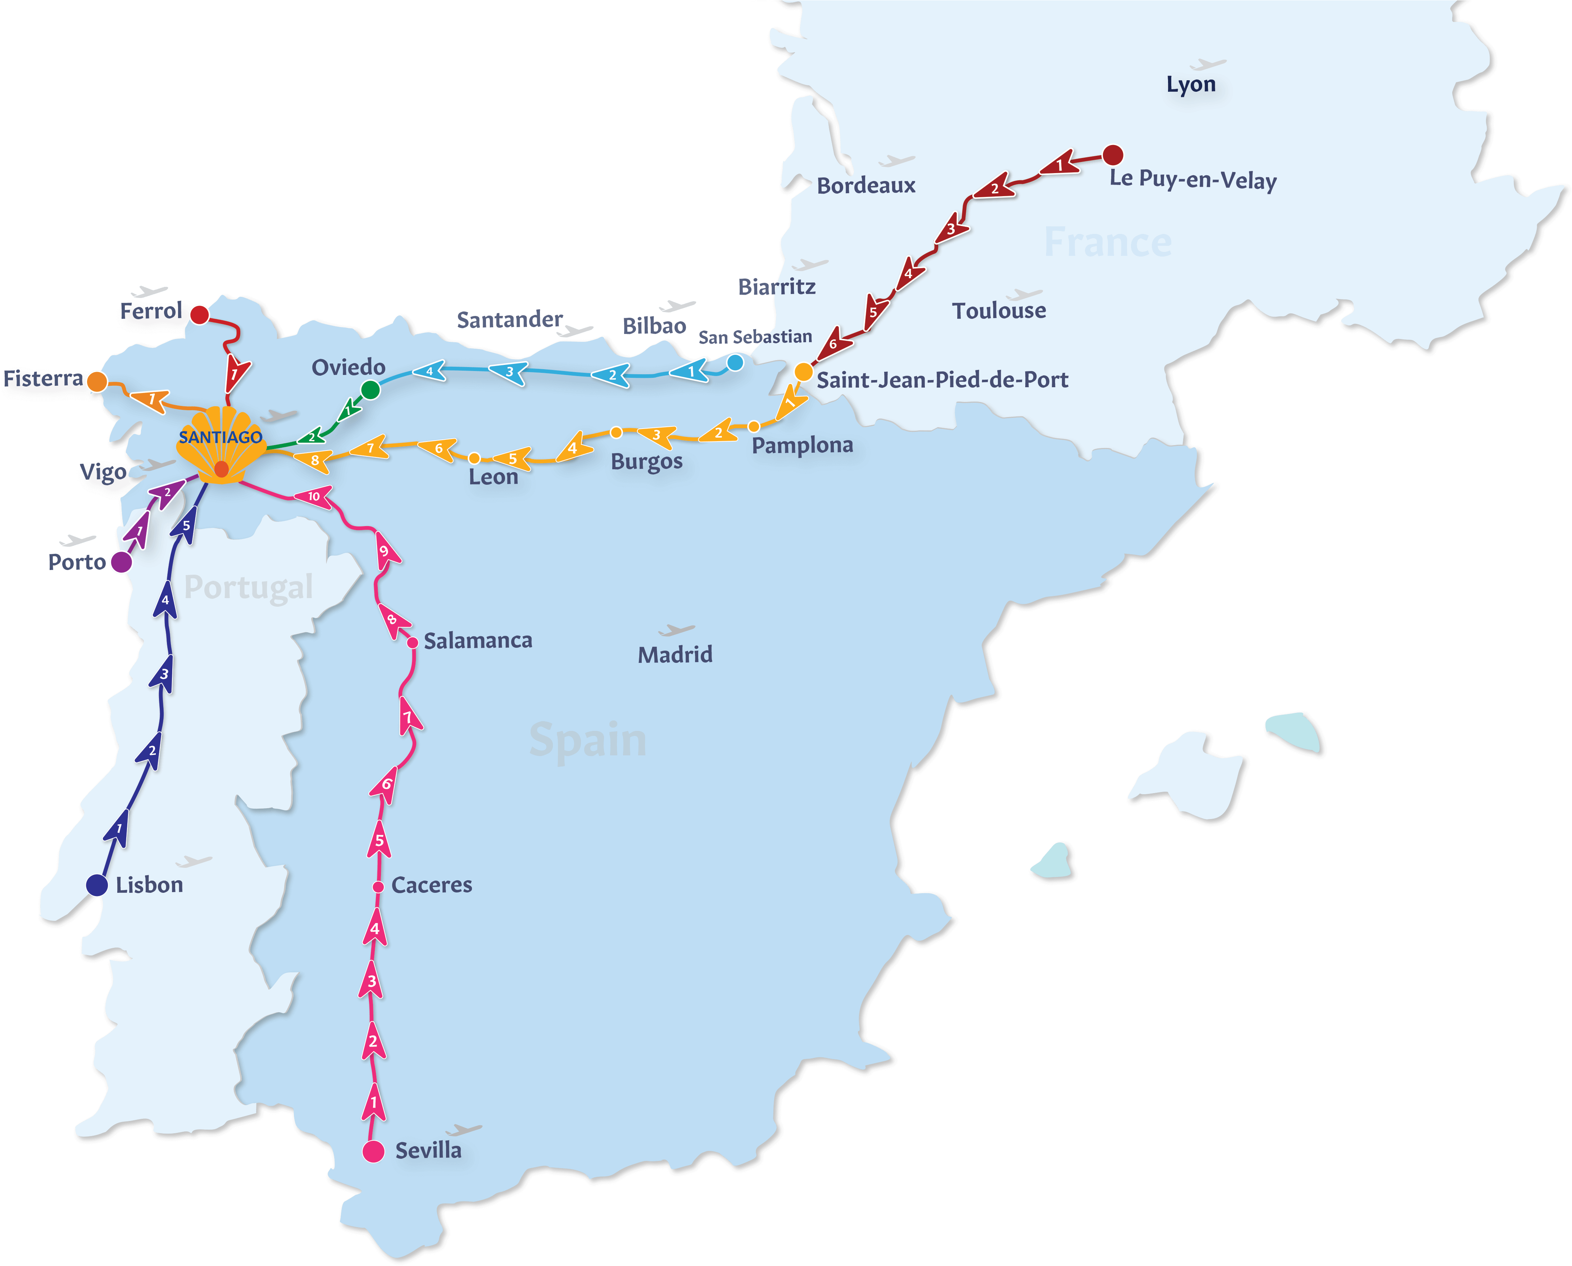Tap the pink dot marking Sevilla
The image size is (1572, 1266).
373,1151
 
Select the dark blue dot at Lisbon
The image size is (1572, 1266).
97,885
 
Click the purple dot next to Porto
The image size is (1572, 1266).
121,562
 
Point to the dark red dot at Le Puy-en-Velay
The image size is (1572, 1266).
1113,155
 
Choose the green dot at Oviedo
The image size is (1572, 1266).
371,390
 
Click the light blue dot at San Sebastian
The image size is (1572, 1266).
736,362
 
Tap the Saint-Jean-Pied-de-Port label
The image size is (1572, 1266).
942,380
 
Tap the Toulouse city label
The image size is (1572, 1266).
999,311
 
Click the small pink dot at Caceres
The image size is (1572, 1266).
378,887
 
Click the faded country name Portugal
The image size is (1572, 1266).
249,587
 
